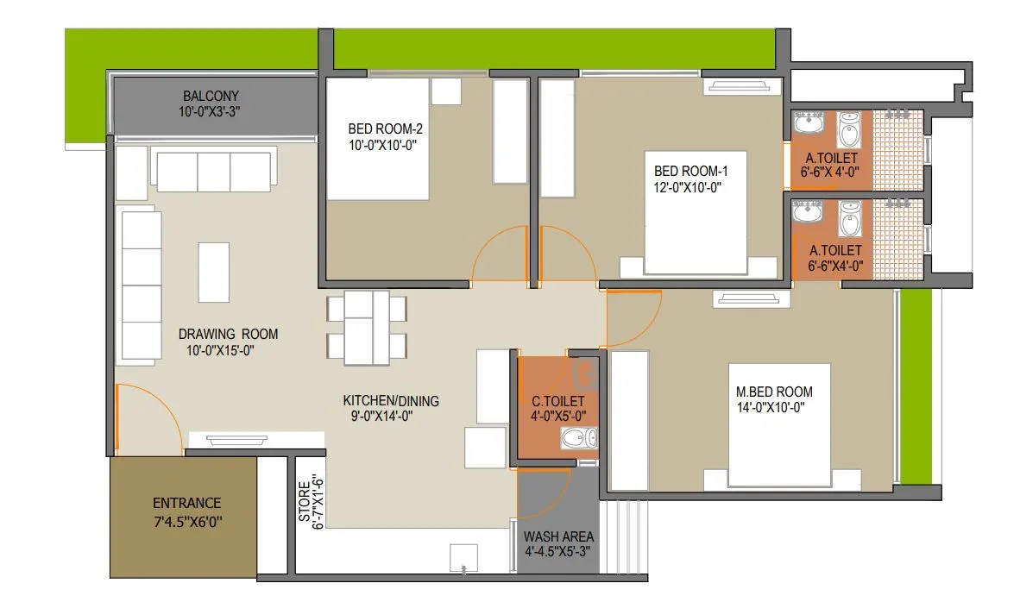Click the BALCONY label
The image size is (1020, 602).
(x=211, y=96)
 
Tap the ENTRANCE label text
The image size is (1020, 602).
(x=186, y=503)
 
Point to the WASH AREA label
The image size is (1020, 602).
(x=558, y=536)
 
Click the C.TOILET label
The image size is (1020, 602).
(x=558, y=401)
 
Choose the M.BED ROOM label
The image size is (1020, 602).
(x=769, y=392)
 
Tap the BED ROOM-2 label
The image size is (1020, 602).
(x=386, y=129)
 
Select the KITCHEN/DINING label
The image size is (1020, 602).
(x=391, y=400)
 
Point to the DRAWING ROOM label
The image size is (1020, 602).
(x=228, y=334)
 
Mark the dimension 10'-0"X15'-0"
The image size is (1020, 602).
(x=221, y=350)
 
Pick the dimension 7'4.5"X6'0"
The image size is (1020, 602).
(x=187, y=521)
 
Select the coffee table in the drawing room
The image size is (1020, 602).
(x=214, y=272)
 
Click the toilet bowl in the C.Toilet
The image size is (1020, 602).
(x=576, y=441)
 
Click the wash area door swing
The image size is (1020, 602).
(x=541, y=492)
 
